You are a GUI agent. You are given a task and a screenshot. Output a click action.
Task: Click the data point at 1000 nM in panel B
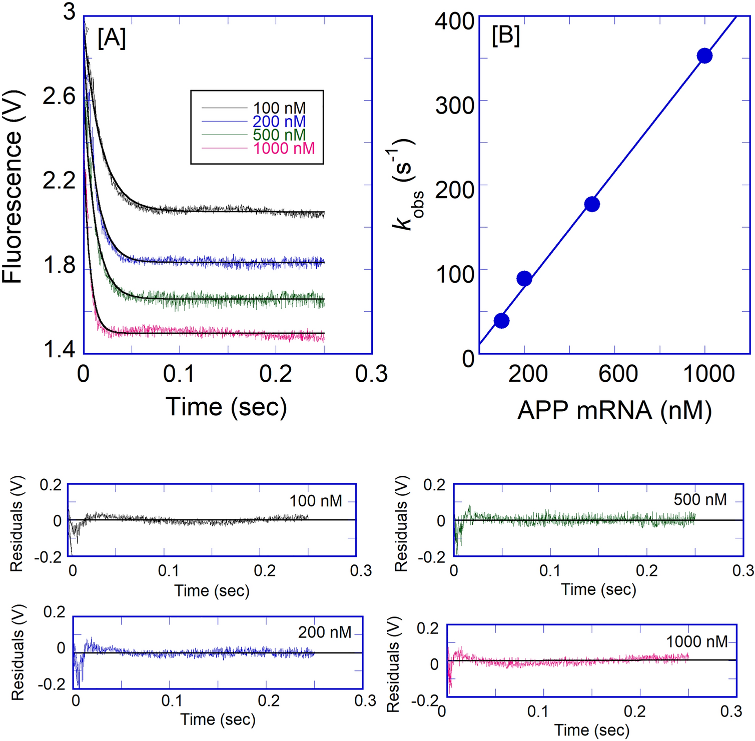[x=704, y=56]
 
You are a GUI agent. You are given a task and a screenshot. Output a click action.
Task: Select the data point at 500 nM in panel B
[x=592, y=204]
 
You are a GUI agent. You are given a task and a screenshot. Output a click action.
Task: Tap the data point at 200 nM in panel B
[x=524, y=279]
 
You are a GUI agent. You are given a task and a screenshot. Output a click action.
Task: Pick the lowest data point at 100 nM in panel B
[x=501, y=321]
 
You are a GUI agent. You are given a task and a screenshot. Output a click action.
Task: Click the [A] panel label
[x=112, y=38]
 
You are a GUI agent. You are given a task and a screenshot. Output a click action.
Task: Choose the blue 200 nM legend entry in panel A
[x=279, y=122]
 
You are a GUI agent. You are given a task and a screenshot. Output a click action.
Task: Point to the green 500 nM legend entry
[x=279, y=135]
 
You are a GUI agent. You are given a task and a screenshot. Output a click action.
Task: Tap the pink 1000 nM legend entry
[x=284, y=149]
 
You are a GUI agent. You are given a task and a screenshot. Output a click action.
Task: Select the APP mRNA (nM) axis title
[x=614, y=411]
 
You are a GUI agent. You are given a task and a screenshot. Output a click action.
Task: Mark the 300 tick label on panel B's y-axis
[x=454, y=106]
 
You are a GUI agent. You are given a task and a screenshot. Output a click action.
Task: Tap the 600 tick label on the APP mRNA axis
[x=618, y=374]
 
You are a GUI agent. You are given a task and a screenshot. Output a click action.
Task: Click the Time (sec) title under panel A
[x=226, y=406]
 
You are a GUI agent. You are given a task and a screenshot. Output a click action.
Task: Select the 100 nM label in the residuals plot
[x=316, y=501]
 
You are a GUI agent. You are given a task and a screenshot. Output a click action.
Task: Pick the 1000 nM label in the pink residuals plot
[x=696, y=641]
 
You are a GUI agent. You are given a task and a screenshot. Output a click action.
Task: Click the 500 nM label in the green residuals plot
[x=700, y=499]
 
